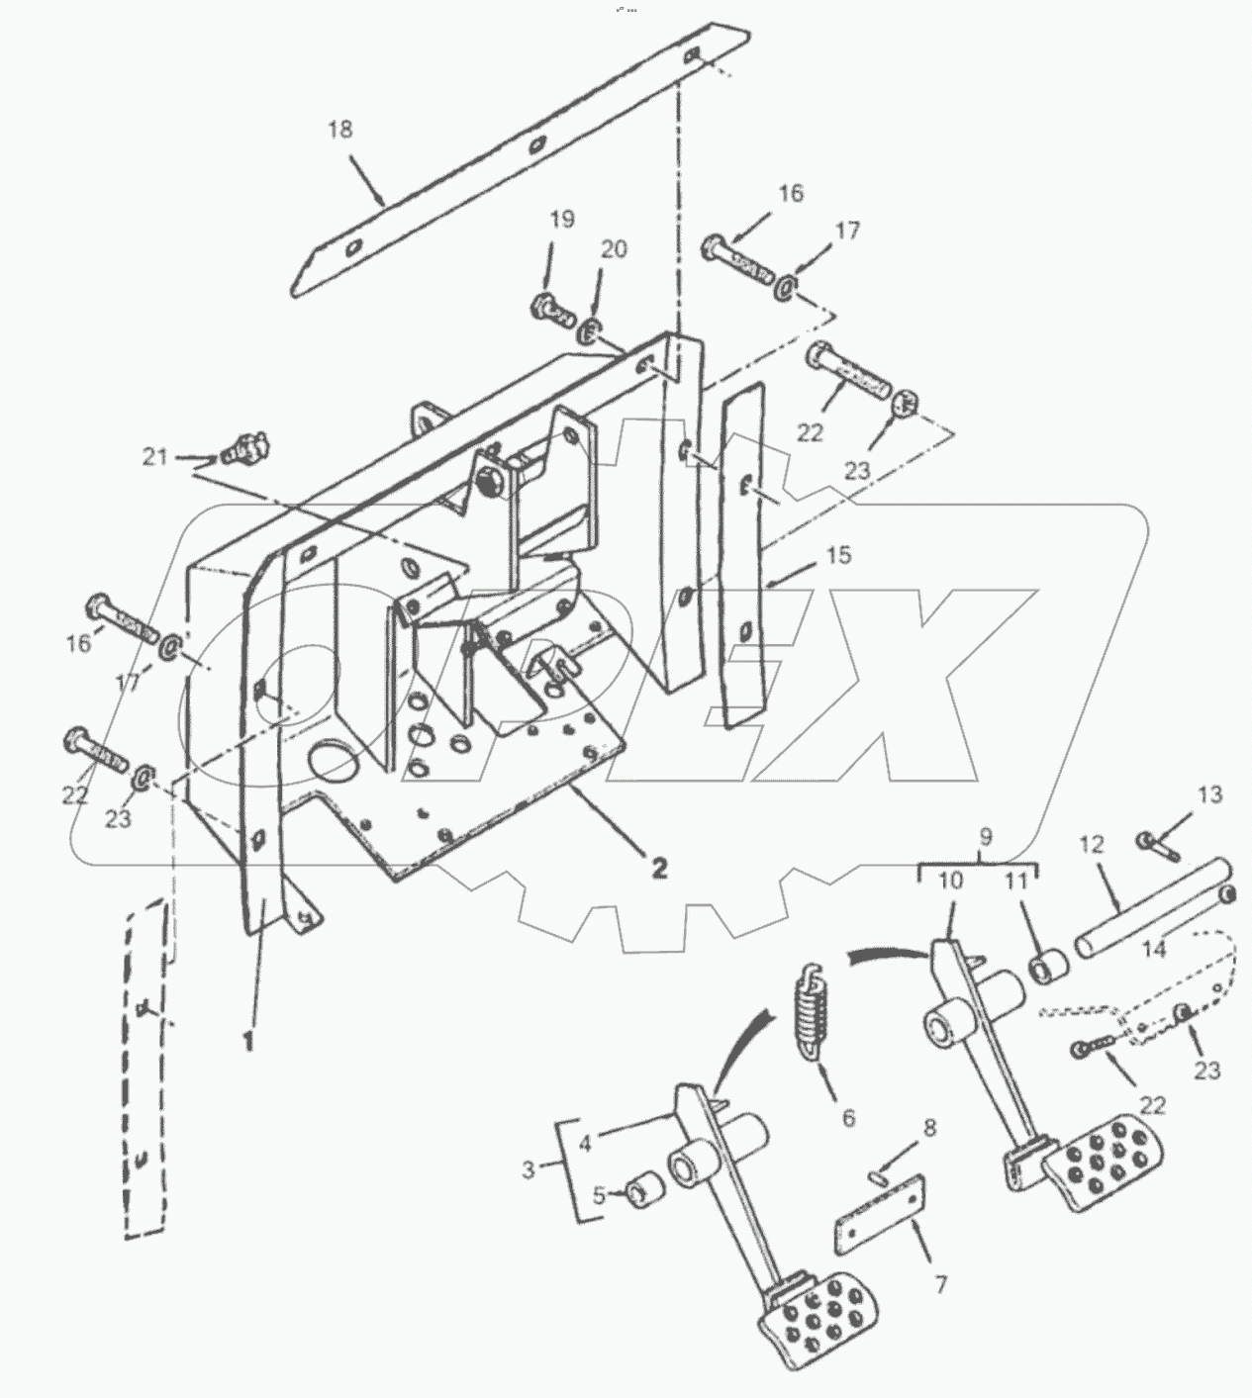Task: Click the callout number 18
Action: point(340,130)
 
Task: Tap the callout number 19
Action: point(562,220)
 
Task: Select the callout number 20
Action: point(613,249)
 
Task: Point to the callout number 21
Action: point(155,457)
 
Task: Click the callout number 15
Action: point(838,555)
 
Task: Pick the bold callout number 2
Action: point(660,868)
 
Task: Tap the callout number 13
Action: point(1209,794)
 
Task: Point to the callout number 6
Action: point(848,1117)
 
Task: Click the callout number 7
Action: point(941,1285)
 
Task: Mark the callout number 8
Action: point(930,1128)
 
